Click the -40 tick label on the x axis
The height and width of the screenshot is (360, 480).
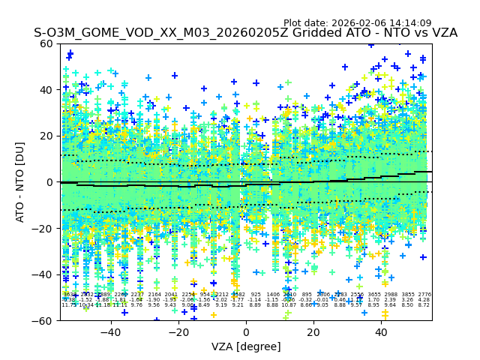[110, 332]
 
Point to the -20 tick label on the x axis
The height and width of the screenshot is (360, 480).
[178, 332]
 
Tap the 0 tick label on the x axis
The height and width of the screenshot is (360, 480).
[246, 332]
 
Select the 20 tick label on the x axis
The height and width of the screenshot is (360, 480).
[313, 332]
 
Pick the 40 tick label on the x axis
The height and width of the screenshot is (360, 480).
[381, 332]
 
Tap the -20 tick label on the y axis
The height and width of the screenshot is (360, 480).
[44, 228]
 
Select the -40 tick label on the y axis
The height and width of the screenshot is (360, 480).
[44, 274]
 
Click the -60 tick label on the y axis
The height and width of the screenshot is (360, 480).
[44, 320]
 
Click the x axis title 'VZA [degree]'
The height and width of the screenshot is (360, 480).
[246, 346]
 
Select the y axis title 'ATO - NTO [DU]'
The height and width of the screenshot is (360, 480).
[21, 182]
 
